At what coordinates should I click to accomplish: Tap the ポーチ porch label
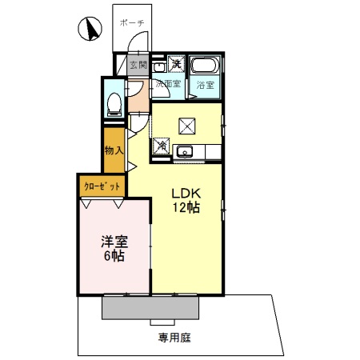[131, 23]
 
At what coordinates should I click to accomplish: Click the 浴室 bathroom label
[205, 85]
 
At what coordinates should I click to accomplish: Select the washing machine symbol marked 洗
[178, 63]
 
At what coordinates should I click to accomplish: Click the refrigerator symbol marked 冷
[161, 146]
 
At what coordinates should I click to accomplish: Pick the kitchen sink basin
[186, 150]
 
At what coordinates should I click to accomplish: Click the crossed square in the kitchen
[189, 125]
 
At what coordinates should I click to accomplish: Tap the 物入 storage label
[114, 150]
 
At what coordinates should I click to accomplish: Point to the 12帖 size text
[184, 207]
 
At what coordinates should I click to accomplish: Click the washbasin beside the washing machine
[158, 65]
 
